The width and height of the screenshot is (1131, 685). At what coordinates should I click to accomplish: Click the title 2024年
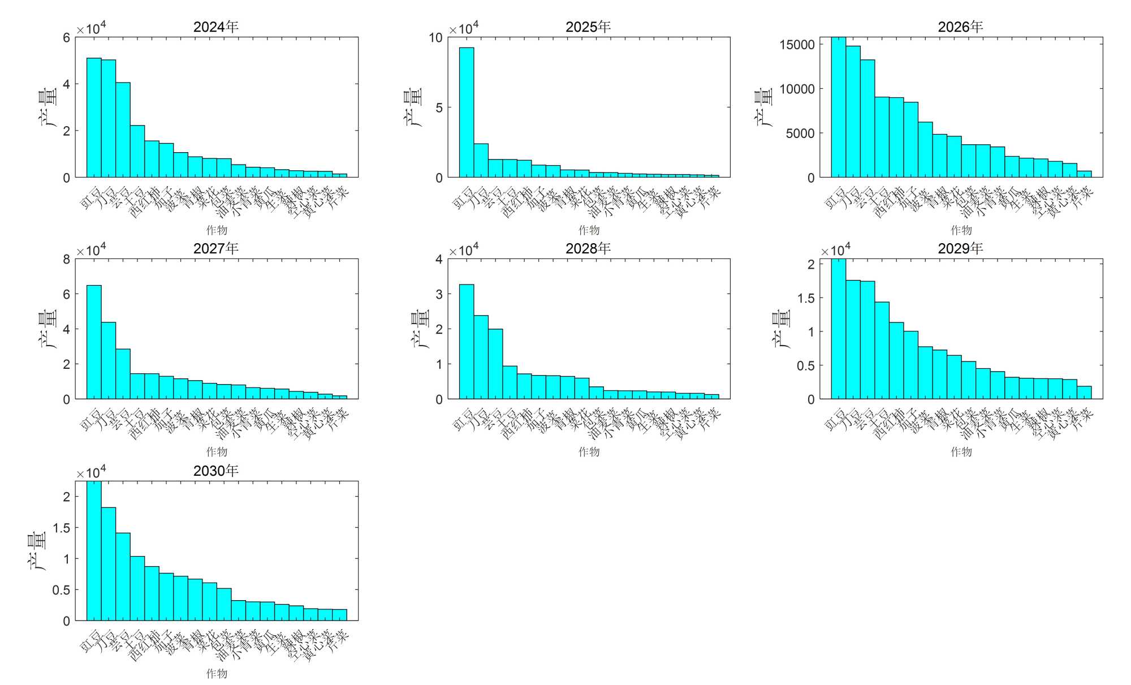(216, 27)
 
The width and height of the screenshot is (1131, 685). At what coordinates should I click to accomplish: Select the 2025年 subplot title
(588, 27)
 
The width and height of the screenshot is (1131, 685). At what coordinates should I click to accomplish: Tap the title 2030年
(216, 471)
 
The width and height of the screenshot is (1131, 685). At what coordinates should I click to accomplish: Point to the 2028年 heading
(588, 248)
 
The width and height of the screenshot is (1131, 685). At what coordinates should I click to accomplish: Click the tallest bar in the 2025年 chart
(467, 113)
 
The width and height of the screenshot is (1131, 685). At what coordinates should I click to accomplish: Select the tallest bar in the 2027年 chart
(94, 342)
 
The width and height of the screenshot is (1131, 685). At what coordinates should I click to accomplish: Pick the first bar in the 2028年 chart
(467, 342)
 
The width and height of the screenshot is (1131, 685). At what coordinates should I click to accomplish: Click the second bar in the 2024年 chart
(109, 119)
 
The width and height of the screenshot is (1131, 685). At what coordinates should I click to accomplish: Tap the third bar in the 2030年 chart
(123, 577)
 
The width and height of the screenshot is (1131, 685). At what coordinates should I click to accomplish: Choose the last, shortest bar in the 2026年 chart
(1084, 174)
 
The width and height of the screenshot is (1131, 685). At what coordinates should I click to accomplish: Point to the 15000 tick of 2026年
(797, 45)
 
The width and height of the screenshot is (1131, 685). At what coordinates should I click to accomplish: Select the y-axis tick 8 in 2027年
(67, 260)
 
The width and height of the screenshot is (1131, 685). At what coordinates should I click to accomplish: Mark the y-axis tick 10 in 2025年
(435, 38)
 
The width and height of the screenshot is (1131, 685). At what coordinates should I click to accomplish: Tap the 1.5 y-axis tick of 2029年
(806, 298)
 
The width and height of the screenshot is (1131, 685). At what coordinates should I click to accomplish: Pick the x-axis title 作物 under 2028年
(589, 451)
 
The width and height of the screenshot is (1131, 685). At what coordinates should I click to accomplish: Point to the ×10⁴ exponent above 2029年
(836, 250)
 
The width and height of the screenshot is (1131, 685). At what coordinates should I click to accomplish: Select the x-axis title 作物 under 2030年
(217, 673)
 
